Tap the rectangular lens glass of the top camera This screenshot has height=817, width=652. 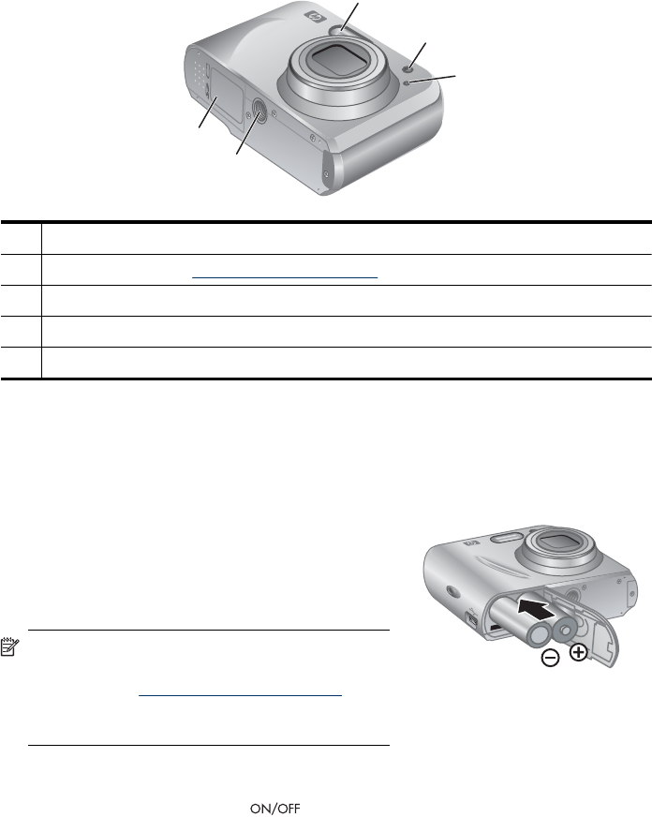[333, 58]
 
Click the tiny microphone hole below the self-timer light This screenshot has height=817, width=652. [407, 84]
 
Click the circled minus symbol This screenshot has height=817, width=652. [551, 658]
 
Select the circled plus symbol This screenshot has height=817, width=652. [579, 652]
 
